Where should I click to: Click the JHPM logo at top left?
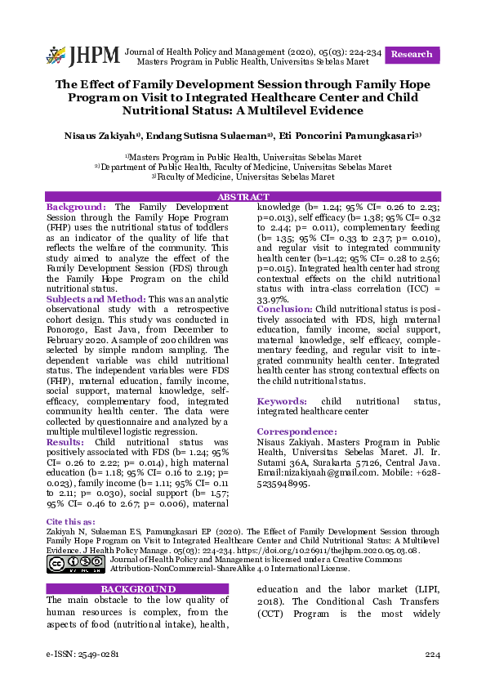point(82,56)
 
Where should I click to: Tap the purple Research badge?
point(412,54)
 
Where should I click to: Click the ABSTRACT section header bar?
point(243,197)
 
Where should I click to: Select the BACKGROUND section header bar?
point(137,589)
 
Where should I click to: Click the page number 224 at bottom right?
point(432,655)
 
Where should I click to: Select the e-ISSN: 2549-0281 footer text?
point(82,655)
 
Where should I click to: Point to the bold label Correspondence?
point(297,431)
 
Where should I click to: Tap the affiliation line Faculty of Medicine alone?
point(243,176)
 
